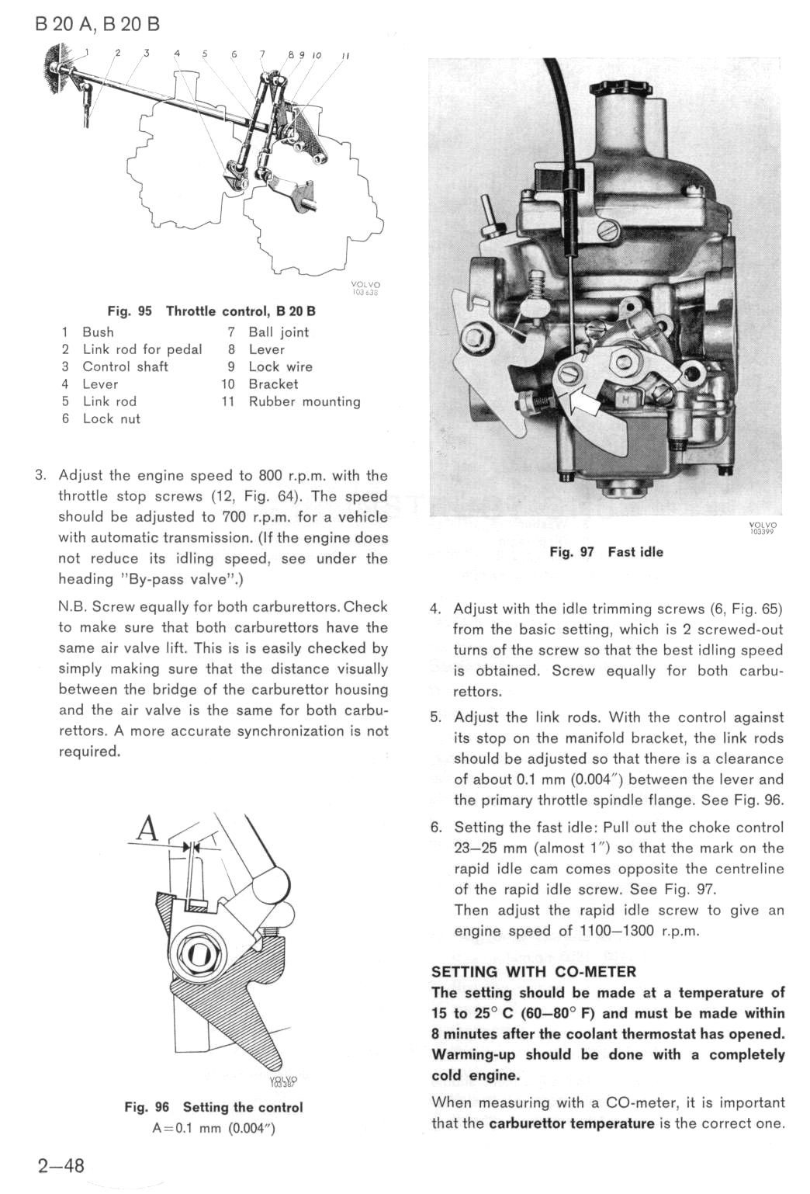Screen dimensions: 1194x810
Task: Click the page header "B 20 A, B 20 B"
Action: [98, 23]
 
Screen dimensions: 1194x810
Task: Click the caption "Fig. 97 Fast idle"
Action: [606, 552]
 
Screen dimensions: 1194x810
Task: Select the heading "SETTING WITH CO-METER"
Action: [533, 971]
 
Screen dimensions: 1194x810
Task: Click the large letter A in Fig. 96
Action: [147, 829]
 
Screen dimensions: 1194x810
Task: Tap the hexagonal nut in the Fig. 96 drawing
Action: [199, 953]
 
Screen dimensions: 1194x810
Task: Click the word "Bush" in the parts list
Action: [99, 332]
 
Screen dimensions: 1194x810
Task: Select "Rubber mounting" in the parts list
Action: [304, 401]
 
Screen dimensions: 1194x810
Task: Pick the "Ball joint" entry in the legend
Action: [279, 332]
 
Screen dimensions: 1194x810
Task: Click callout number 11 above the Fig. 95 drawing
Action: [345, 56]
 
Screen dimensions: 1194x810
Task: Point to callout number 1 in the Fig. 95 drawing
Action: [88, 52]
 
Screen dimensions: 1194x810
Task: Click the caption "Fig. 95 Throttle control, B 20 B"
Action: [211, 311]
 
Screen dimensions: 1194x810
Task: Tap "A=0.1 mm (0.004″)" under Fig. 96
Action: [213, 1128]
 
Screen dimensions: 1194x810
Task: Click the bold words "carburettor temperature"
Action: [572, 1123]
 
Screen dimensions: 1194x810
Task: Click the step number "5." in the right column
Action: [436, 717]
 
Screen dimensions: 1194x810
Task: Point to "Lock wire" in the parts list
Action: [280, 367]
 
